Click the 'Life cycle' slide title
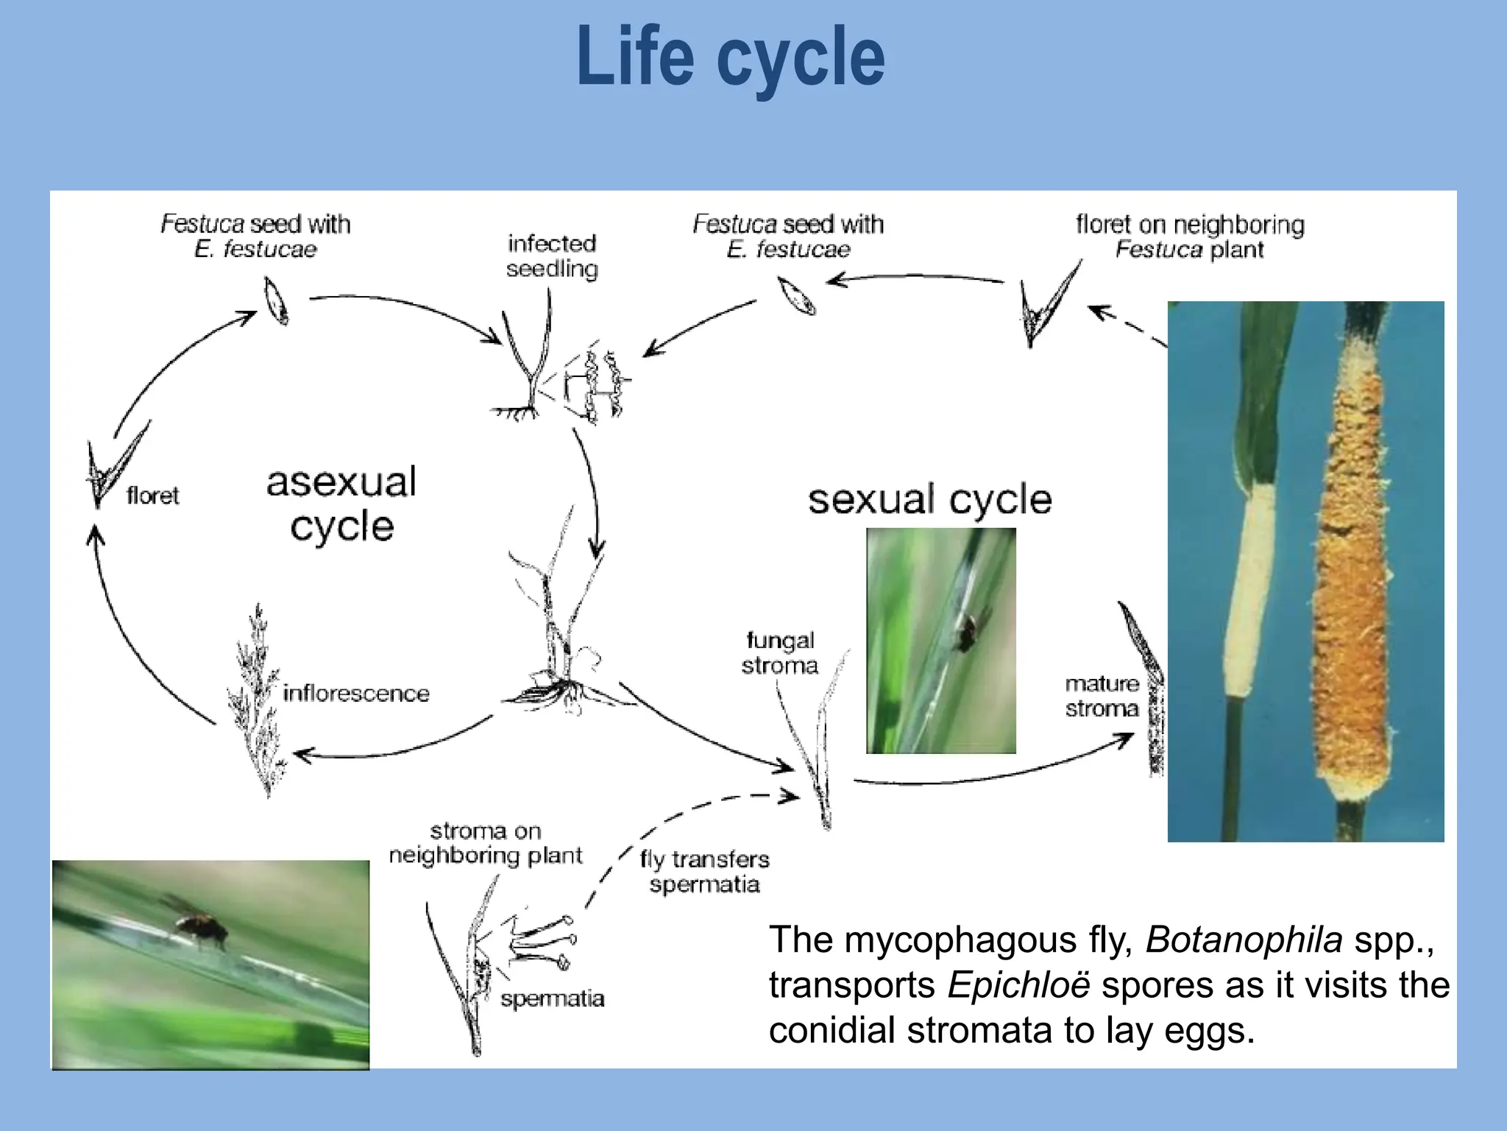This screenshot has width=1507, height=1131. (731, 57)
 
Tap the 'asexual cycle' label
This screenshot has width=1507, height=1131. (341, 504)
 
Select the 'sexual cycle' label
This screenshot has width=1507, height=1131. (929, 499)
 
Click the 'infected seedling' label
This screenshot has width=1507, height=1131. (552, 256)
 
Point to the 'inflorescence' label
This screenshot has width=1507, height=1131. (355, 693)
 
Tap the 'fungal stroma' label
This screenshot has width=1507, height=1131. (779, 653)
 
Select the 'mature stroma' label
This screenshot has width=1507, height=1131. (1102, 696)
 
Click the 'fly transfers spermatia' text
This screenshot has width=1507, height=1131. (704, 871)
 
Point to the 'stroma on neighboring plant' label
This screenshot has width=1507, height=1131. (485, 843)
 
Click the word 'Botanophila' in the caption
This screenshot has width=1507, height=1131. (1244, 940)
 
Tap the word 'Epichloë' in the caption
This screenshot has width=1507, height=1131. (1018, 985)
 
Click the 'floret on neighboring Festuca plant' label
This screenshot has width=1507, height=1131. (1189, 236)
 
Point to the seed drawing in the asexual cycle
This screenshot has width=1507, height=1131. (277, 300)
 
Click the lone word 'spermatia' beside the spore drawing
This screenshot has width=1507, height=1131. (552, 998)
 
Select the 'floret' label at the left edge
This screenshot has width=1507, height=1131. (152, 496)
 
